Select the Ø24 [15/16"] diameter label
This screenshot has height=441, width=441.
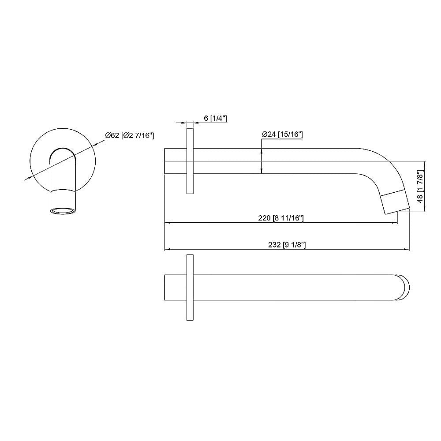click(x=282, y=134)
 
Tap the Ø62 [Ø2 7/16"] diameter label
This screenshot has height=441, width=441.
click(x=129, y=136)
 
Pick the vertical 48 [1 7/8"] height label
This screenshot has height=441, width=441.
click(x=421, y=187)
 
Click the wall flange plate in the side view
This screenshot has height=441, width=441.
click(x=190, y=161)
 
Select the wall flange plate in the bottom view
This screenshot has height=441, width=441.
click(x=190, y=288)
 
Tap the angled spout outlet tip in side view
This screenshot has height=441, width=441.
click(x=395, y=202)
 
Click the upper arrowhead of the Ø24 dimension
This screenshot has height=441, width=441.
click(x=262, y=151)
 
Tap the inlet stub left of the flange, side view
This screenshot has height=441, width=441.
click(x=176, y=161)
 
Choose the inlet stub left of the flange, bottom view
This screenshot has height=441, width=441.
click(x=176, y=288)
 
